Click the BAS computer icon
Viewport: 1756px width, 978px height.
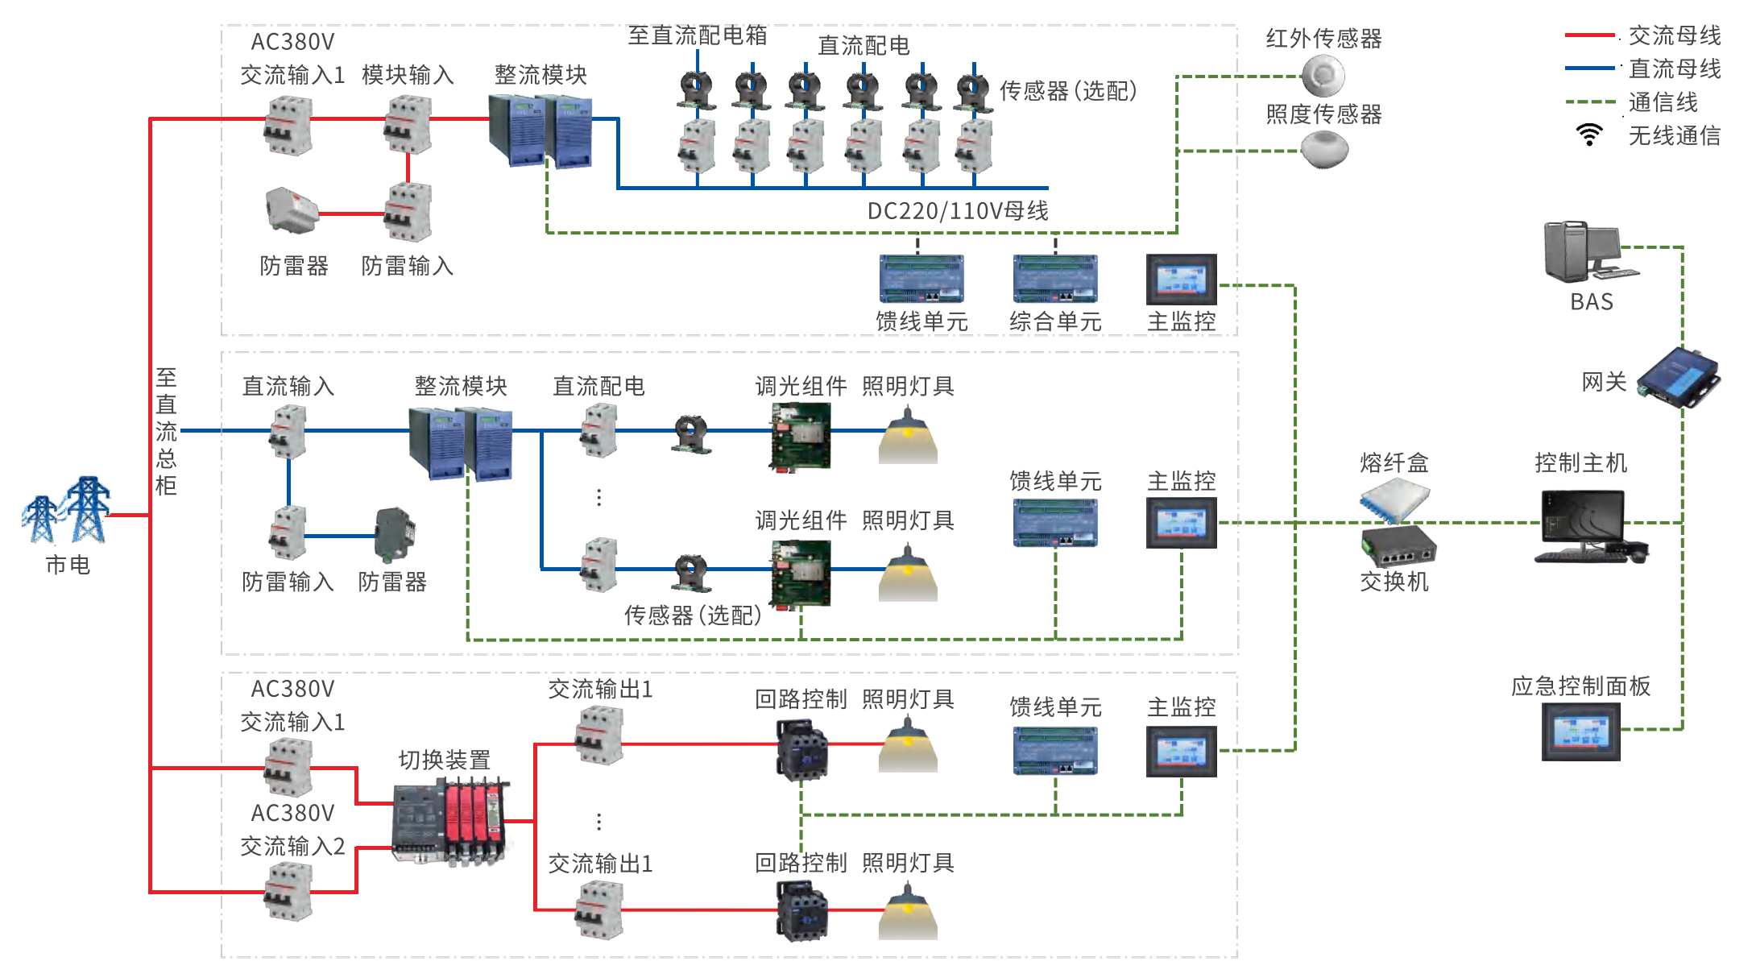[1587, 252]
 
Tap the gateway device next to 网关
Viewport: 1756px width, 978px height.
[1679, 378]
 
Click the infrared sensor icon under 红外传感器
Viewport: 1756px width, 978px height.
[1323, 76]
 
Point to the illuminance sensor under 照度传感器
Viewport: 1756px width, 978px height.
[1324, 150]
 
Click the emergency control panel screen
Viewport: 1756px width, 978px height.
[1580, 731]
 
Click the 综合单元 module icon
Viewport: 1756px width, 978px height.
[1055, 279]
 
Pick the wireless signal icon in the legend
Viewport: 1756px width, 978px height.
[1588, 135]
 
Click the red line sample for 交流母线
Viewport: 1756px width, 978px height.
[1588, 35]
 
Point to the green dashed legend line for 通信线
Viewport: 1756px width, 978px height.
[1588, 102]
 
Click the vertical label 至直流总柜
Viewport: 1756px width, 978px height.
[166, 431]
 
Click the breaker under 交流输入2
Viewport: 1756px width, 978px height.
[288, 891]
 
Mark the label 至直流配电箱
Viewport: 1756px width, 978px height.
[697, 35]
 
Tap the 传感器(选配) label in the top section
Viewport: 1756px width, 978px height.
[1067, 91]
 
